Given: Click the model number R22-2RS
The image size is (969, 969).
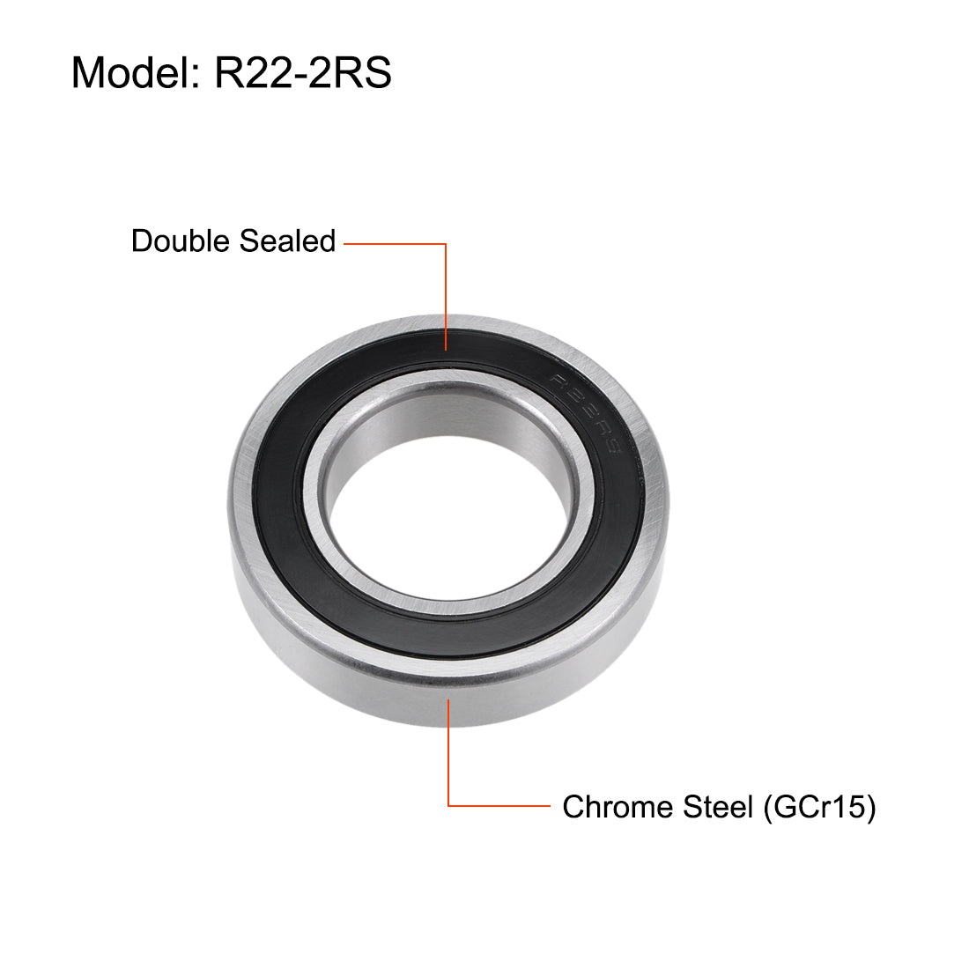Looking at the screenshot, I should click(x=303, y=72).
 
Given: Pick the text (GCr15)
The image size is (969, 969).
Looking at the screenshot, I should click(x=819, y=807).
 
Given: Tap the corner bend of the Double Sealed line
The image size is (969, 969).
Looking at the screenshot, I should click(x=447, y=244).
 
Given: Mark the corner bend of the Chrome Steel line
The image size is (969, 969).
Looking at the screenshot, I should click(x=449, y=805).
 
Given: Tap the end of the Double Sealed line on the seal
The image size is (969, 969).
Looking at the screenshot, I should click(x=447, y=349).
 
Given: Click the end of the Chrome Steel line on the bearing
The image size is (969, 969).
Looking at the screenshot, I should click(x=449, y=699).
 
